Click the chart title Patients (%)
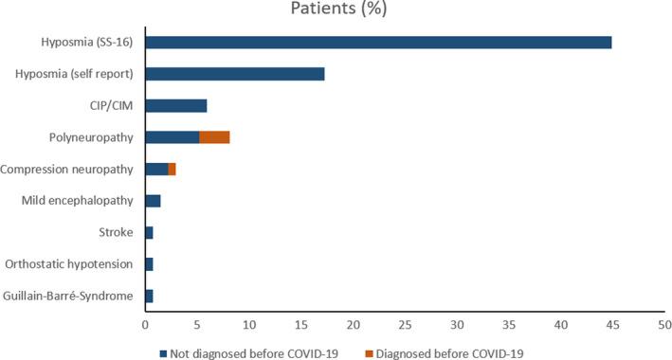(336, 11)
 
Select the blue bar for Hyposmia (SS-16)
(378, 43)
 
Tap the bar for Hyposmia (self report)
(235, 74)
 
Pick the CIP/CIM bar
(176, 105)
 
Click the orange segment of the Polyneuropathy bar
(214, 137)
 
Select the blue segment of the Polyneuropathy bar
(173, 137)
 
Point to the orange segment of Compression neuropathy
(172, 169)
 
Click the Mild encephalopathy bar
(153, 201)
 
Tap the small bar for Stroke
(149, 232)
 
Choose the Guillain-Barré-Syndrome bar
(149, 296)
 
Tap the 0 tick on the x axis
(145, 324)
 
